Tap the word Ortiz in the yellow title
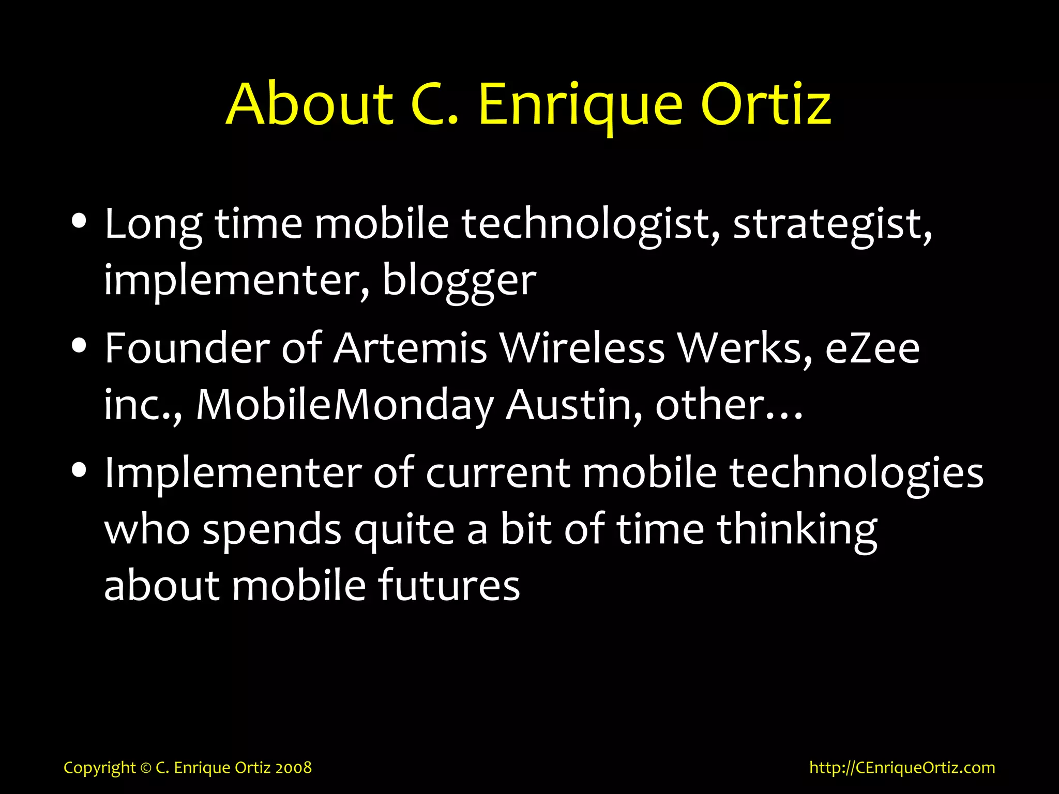[x=766, y=104]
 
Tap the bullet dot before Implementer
[x=79, y=470]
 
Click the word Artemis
[x=410, y=348]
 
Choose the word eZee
[x=872, y=348]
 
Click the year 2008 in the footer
[x=293, y=768]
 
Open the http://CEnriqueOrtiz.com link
[x=902, y=768]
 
